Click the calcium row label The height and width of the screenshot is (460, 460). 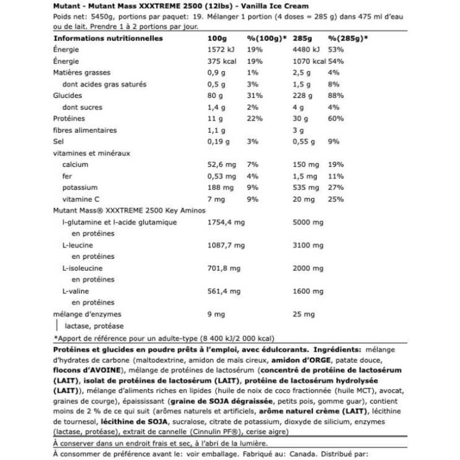point(74,165)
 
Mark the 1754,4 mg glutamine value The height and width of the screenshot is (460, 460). point(221,223)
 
